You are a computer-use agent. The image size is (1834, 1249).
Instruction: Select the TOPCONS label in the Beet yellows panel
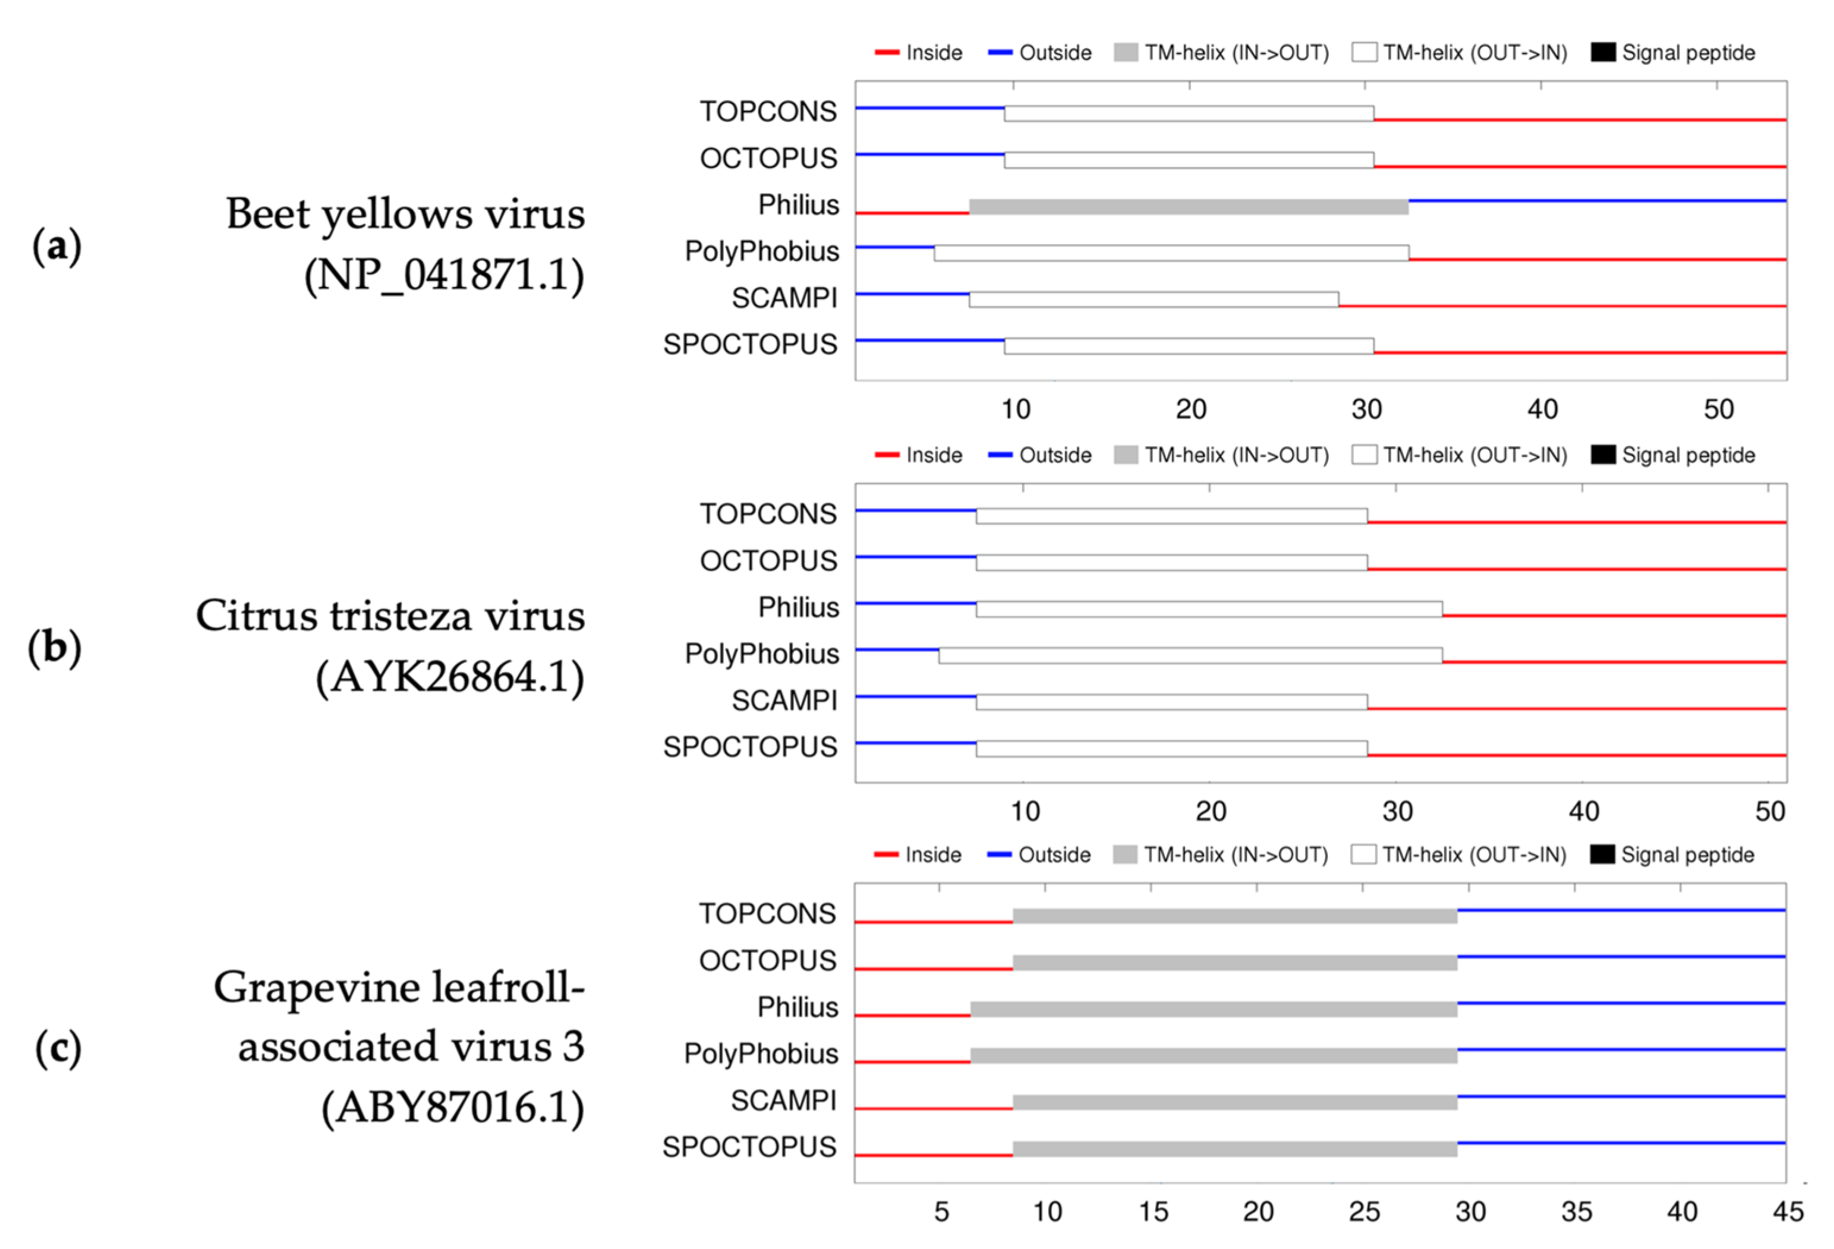(767, 111)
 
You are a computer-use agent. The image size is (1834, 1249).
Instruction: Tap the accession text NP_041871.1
(445, 275)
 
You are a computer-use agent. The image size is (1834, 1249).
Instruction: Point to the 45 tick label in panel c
(1788, 1211)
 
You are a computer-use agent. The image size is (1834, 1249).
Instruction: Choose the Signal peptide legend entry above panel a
(1673, 53)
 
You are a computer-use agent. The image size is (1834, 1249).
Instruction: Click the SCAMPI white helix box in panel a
(1153, 300)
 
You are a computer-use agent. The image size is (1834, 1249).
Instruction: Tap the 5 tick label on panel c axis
(941, 1211)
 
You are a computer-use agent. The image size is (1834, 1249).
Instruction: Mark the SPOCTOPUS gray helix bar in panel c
(1234, 1149)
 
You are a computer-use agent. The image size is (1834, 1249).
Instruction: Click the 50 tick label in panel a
(1718, 409)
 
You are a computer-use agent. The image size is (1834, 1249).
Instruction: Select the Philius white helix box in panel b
(1208, 609)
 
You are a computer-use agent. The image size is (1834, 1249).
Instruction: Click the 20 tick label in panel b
(1211, 811)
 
